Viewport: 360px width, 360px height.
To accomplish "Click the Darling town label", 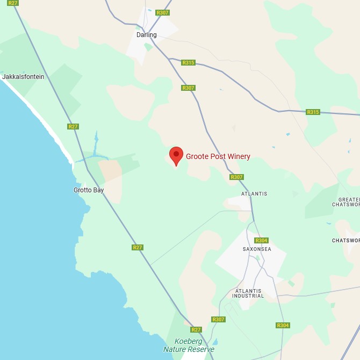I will (x=146, y=35).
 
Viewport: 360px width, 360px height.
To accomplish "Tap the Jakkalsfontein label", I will (x=23, y=77).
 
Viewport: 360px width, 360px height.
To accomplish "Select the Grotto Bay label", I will (x=89, y=190).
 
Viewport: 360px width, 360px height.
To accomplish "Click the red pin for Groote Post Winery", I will (x=176, y=155).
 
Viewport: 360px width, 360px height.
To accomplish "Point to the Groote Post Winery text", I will (x=218, y=157).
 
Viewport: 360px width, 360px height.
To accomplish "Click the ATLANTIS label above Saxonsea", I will (x=254, y=194).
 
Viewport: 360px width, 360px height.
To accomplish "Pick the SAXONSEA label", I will (x=257, y=249).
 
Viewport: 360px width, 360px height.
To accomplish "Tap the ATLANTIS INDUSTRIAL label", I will (x=248, y=293).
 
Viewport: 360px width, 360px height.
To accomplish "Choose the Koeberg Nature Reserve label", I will (x=189, y=345).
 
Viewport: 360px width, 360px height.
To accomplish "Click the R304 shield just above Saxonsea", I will (x=261, y=240).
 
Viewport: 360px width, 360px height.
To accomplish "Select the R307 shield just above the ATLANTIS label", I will (x=236, y=177).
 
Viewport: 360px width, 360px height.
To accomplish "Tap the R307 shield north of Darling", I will (x=162, y=12).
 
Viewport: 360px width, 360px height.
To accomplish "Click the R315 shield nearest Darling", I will (x=188, y=63).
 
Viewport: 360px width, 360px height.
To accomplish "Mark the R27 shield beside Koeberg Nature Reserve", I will (x=196, y=329).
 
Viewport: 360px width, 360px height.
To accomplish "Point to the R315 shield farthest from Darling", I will (x=313, y=112).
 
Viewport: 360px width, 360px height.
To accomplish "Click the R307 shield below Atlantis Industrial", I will (x=218, y=319).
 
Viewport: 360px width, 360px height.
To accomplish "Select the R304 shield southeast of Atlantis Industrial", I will (x=283, y=325).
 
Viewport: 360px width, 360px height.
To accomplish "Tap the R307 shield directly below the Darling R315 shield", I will (x=188, y=88).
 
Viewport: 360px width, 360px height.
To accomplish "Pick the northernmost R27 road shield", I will (x=13, y=3).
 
